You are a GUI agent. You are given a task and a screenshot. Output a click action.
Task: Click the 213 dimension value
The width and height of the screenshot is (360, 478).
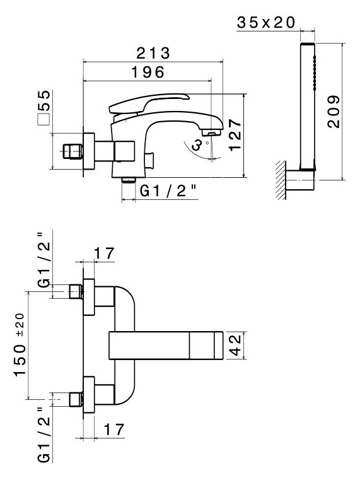tap(153, 54)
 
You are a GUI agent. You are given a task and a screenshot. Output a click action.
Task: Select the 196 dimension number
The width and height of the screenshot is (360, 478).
tap(148, 73)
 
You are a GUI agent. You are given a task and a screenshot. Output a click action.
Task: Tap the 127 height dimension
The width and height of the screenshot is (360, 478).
tap(235, 134)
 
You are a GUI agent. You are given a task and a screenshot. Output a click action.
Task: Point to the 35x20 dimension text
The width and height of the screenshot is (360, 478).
tap(266, 22)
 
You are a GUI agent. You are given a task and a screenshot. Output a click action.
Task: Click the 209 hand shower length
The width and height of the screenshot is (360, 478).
tap(334, 112)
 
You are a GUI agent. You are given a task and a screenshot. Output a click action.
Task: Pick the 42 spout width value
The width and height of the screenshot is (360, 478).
tap(235, 345)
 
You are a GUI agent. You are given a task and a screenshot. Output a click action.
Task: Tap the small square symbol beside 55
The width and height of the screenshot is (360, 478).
tap(44, 120)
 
